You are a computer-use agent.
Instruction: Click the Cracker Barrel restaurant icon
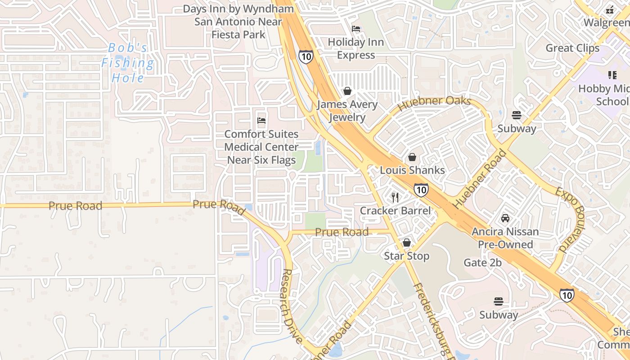pos(395,197)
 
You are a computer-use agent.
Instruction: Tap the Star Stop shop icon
pos(407,243)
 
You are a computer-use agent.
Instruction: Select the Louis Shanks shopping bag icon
pos(412,157)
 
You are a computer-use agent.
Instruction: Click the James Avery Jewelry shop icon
pos(347,91)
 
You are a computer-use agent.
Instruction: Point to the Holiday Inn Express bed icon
pos(356,29)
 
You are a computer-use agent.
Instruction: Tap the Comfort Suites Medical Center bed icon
pos(261,121)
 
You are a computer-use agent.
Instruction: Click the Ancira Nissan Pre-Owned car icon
pos(505,218)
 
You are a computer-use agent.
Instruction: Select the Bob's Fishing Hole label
pos(127,63)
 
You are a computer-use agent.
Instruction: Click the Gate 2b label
pos(482,262)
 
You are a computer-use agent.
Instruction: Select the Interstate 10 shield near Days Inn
pos(306,56)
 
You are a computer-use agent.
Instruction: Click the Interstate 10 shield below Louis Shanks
pos(421,190)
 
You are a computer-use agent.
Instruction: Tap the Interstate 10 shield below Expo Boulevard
pos(567,295)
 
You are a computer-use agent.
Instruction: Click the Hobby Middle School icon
pos(612,75)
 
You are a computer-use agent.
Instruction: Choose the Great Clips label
pos(572,48)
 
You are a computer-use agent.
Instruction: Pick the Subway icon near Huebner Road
pos(517,115)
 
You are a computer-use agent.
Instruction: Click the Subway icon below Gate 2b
pos(498,301)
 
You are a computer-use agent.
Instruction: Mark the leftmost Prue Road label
pos(75,206)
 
